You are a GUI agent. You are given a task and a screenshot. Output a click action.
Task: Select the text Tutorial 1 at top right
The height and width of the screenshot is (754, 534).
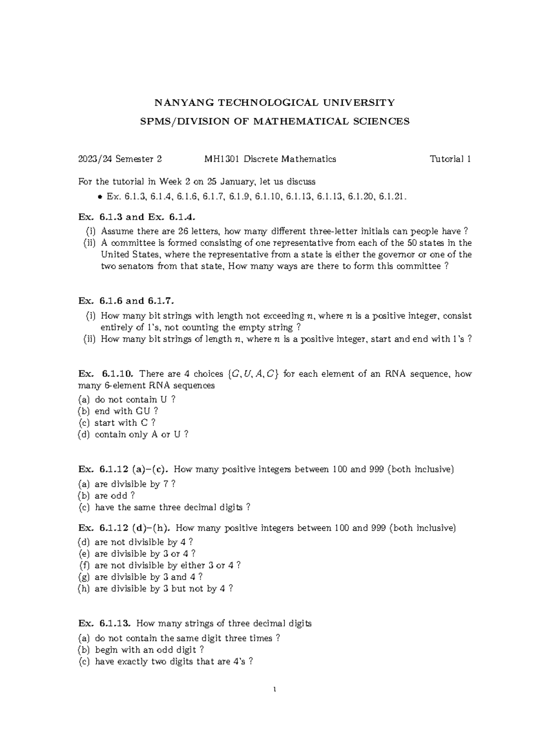pyautogui.click(x=450, y=159)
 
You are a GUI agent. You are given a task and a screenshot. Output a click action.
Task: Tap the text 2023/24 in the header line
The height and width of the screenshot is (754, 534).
pyautogui.click(x=92, y=159)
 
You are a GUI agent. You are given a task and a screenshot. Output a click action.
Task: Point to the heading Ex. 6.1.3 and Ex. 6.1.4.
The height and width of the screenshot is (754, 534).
pyautogui.click(x=137, y=217)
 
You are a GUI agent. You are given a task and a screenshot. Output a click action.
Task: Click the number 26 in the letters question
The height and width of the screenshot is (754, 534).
pyautogui.click(x=183, y=231)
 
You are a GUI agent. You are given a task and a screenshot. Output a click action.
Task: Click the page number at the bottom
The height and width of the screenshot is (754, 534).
pyautogui.click(x=275, y=690)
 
